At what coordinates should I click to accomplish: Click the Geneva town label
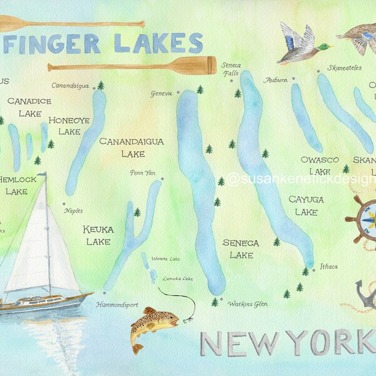click(x=161, y=94)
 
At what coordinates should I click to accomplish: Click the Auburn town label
click(x=276, y=80)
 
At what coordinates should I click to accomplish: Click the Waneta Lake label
click(x=165, y=258)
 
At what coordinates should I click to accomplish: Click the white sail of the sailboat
click(x=38, y=238)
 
